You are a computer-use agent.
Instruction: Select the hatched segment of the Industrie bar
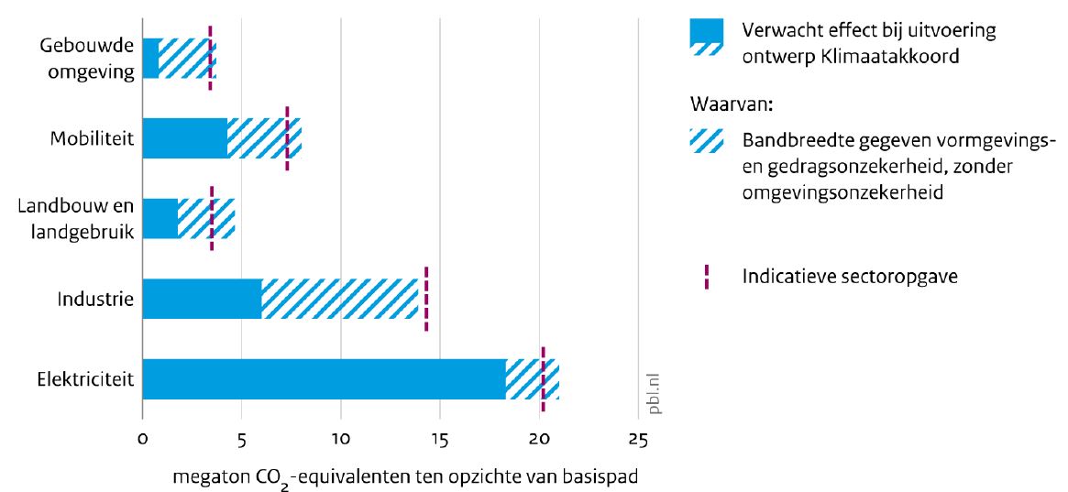[x=339, y=299]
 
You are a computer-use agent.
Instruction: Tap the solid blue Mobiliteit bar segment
[x=184, y=138]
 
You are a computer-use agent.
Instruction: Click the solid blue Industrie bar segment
[x=202, y=299]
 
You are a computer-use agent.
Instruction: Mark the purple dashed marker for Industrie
[x=426, y=299]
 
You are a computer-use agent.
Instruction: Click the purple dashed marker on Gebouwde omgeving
[x=210, y=58]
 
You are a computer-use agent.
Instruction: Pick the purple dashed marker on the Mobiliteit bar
[x=287, y=138]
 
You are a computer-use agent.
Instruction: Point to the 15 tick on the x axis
[x=439, y=441]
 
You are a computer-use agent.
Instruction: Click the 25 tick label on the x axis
[x=638, y=441]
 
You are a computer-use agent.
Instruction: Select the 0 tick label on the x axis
[x=142, y=441]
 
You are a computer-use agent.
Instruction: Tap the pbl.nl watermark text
[x=654, y=392]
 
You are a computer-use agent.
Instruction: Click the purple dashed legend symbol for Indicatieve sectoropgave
[x=707, y=277]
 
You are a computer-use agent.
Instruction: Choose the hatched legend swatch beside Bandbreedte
[x=707, y=141]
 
